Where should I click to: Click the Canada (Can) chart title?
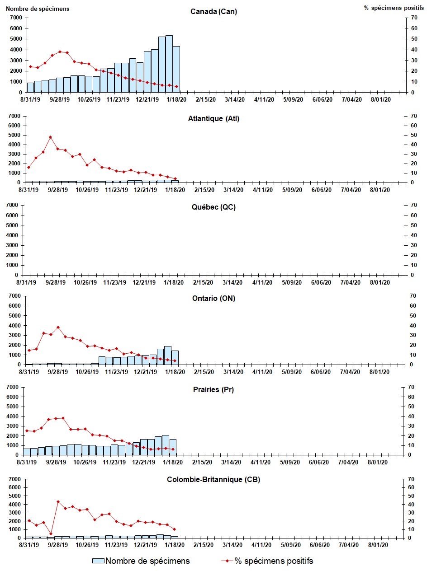tap(213, 12)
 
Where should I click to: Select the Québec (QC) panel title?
tap(213, 207)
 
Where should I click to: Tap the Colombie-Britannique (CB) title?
tap(213, 479)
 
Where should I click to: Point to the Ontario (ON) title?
tap(213, 298)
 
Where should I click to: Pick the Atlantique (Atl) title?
tap(213, 119)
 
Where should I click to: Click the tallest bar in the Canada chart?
tap(169, 64)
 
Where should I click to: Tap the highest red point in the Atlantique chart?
tap(50, 137)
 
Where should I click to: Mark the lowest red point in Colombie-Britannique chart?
tap(51, 534)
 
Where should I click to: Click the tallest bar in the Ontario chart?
tap(167, 355)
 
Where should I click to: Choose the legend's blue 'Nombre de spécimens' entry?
tap(141, 561)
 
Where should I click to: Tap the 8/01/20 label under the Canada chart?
tap(381, 100)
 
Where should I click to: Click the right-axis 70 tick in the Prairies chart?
tap(411, 387)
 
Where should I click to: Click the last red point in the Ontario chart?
tap(175, 360)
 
